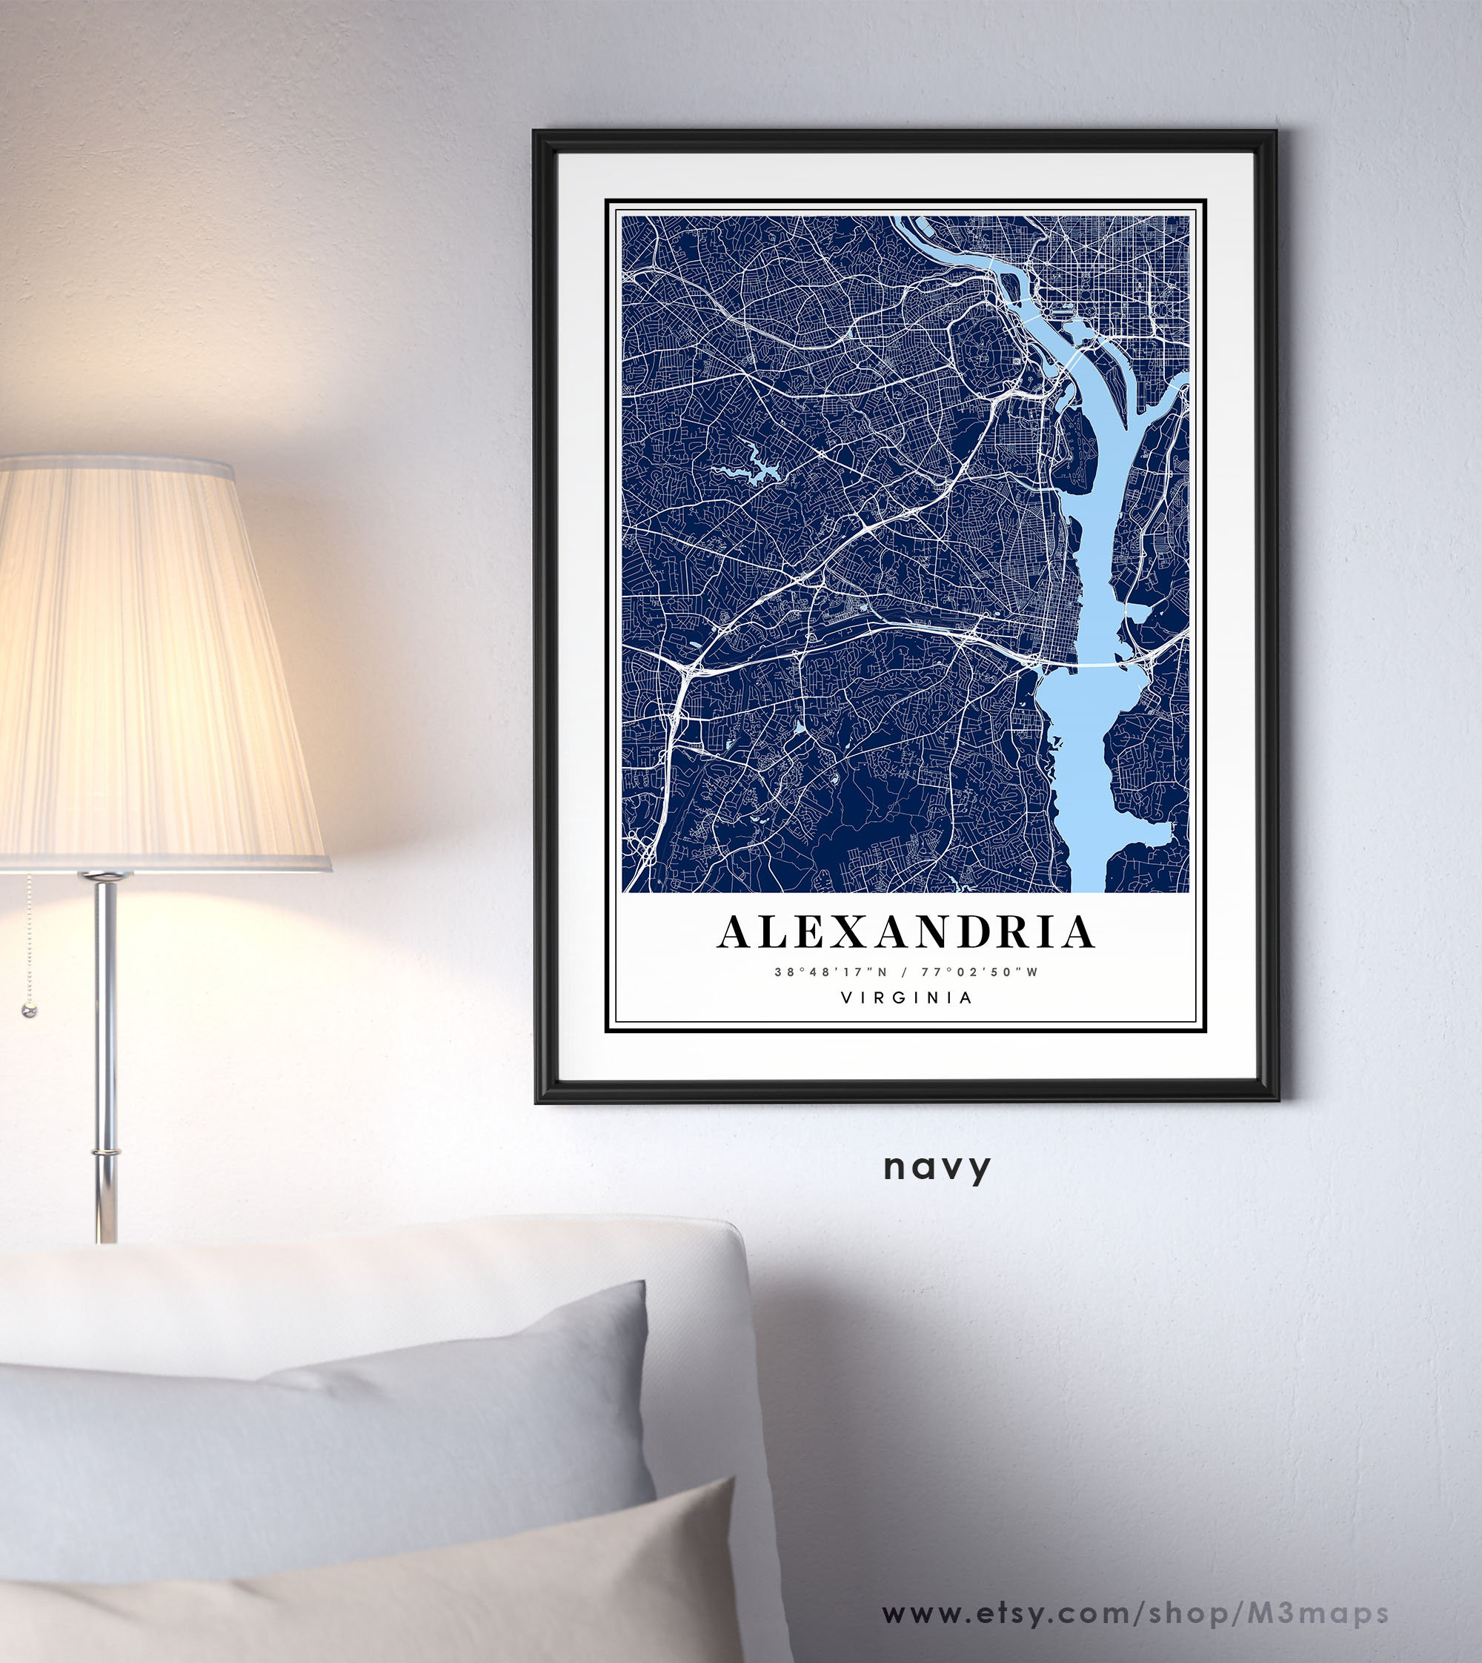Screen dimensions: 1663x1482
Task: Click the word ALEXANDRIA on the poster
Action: point(906,932)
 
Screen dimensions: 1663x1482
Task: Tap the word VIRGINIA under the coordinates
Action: point(906,998)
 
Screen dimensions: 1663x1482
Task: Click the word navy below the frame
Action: point(937,1168)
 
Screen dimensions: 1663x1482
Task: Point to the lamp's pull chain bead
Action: point(30,1012)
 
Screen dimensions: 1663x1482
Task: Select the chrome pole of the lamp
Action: point(105,1059)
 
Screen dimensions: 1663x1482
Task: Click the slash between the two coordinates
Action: point(905,972)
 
